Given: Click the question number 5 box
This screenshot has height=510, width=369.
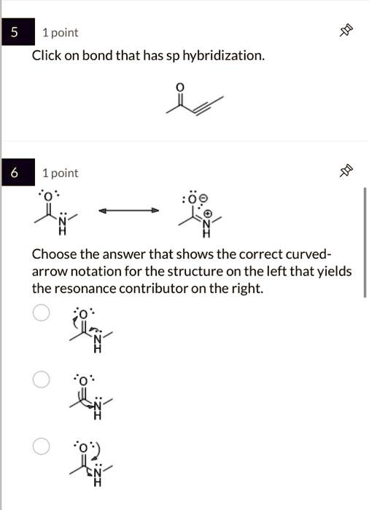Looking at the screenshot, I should [x=15, y=33].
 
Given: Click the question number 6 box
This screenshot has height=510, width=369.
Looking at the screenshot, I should [x=15, y=173].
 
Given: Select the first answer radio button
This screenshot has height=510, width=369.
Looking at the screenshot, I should [x=42, y=313].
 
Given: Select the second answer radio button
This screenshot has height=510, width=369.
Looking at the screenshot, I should [x=42, y=380].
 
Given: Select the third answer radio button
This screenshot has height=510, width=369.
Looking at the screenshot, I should [x=42, y=446].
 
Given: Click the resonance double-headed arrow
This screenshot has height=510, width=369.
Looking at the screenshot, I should [x=128, y=210].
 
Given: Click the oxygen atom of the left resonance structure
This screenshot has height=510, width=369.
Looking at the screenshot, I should [x=47, y=197].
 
